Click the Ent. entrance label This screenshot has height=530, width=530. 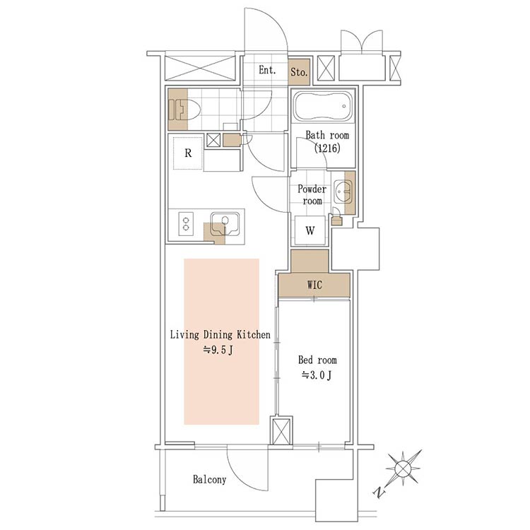click(267, 70)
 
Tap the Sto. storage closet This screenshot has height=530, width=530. click(299, 71)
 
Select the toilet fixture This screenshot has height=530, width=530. click(184, 110)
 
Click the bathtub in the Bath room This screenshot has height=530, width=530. click(322, 105)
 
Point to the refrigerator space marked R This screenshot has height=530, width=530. click(188, 153)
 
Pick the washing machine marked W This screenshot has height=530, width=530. click(310, 230)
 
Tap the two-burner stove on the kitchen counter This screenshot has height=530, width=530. click(186, 224)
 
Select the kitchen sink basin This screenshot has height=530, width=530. click(225, 224)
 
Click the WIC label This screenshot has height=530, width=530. click(314, 285)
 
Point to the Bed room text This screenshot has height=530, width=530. click(317, 360)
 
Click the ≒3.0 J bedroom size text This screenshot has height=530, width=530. click(317, 375)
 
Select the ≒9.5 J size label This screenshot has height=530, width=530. click(218, 350)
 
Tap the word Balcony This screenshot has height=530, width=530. click(210, 479)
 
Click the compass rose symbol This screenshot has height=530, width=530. click(404, 468)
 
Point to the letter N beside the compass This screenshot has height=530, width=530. click(379, 492)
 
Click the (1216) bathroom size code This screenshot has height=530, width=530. click(327, 148)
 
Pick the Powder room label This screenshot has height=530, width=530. click(312, 195)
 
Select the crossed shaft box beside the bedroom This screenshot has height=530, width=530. click(281, 431)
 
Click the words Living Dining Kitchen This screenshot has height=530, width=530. click(220, 335)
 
